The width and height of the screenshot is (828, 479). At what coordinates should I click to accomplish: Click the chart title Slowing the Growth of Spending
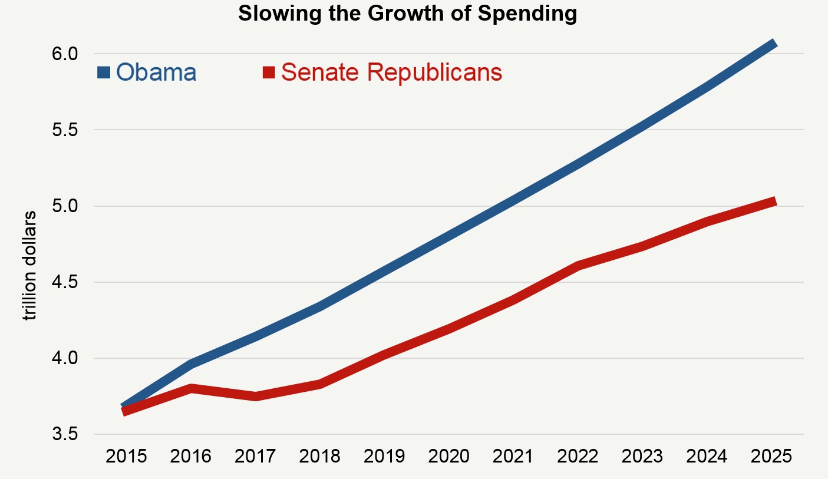point(407,14)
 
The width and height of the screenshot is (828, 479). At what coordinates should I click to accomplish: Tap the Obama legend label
point(156,72)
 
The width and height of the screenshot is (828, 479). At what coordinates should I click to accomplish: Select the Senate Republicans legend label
point(392,72)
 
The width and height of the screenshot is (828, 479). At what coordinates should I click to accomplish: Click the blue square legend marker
point(104,72)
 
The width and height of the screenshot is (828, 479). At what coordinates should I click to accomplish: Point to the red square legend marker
point(269,72)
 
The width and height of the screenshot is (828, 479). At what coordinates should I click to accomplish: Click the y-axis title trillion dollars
point(29,266)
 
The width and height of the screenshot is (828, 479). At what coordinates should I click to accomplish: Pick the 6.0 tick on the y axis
point(65,54)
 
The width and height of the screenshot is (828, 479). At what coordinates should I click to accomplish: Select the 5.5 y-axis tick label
point(65,130)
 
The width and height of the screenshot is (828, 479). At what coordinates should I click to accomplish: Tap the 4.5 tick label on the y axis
point(65,282)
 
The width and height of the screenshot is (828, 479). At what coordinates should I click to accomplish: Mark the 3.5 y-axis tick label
point(65,434)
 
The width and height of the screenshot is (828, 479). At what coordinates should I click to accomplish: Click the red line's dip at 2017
point(255,397)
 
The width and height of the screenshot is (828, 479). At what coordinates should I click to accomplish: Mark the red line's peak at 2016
point(190,388)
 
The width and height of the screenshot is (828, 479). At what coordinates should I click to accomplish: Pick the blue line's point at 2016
point(190,364)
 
